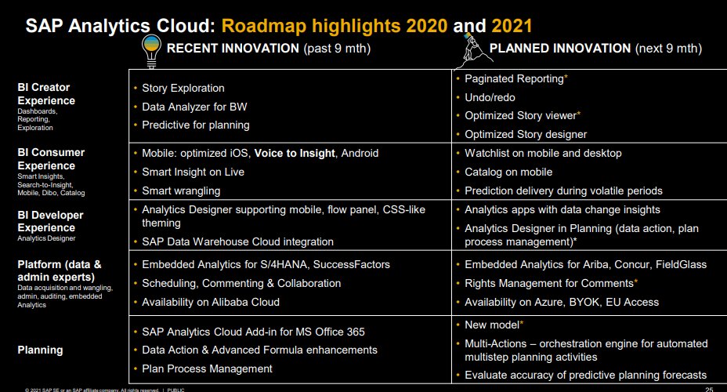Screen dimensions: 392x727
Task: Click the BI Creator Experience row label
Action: pyautogui.click(x=46, y=94)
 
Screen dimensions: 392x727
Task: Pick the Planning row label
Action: pyautogui.click(x=40, y=350)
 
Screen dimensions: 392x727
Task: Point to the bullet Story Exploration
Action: pyautogui.click(x=183, y=88)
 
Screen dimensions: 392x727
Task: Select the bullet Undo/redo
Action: pyautogui.click(x=491, y=96)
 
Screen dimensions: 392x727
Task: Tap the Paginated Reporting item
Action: pyautogui.click(x=514, y=78)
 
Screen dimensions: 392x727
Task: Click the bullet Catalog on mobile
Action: pyautogui.click(x=508, y=172)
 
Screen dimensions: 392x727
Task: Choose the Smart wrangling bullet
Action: pyautogui.click(x=181, y=191)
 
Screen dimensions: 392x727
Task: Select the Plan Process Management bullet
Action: pyautogui.click(x=207, y=368)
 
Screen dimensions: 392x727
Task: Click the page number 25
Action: pyautogui.click(x=709, y=389)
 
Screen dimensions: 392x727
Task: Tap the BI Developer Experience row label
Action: pyautogui.click(x=50, y=220)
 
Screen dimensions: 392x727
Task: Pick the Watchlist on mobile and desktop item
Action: pyautogui.click(x=543, y=153)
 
